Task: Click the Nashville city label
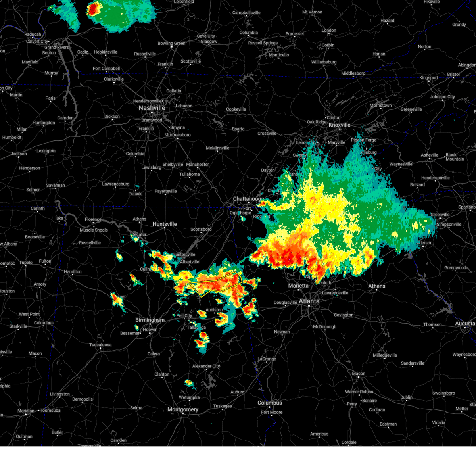pyautogui.click(x=152, y=108)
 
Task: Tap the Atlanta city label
pyautogui.click(x=309, y=301)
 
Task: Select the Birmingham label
pyautogui.click(x=150, y=320)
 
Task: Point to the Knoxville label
pyautogui.click(x=339, y=125)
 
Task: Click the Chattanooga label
pyautogui.click(x=248, y=199)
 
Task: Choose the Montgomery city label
pyautogui.click(x=182, y=409)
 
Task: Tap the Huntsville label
pyautogui.click(x=164, y=224)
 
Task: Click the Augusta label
pyautogui.click(x=464, y=324)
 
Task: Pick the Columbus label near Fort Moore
pyautogui.click(x=269, y=403)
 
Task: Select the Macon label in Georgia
pyautogui.click(x=358, y=374)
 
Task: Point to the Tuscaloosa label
pyautogui.click(x=100, y=345)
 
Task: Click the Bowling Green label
pyautogui.click(x=171, y=43)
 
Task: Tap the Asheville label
pyautogui.click(x=430, y=155)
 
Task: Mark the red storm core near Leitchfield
pyautogui.click(x=94, y=9)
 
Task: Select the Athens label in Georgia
pyautogui.click(x=376, y=286)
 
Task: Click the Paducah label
pyautogui.click(x=32, y=35)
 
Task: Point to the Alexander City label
pyautogui.click(x=206, y=366)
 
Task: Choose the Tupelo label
pyautogui.click(x=26, y=263)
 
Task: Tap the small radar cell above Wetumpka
pyautogui.click(x=189, y=383)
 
